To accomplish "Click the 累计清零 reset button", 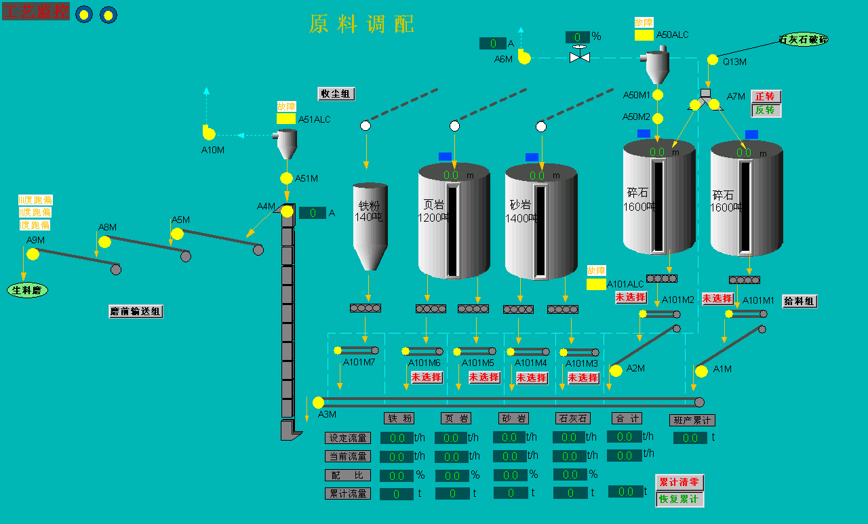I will [679, 482].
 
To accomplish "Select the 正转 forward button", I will [766, 96].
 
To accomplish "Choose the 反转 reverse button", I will [766, 110].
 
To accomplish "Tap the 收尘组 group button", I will [336, 94].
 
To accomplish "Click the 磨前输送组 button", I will [136, 312].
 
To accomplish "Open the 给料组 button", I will [800, 301].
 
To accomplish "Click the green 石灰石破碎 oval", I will [804, 39].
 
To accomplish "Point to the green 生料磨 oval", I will [28, 290].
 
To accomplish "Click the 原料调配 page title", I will [361, 24].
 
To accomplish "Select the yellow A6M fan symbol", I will [524, 57].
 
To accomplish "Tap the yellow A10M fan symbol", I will [209, 134].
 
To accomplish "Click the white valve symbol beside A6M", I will [580, 56].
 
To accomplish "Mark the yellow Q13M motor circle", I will [713, 60].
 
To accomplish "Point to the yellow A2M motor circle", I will [616, 371].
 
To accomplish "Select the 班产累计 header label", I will [692, 420].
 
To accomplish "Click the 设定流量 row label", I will [348, 438].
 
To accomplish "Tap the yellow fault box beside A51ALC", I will [286, 119].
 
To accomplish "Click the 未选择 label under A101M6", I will [427, 377].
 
